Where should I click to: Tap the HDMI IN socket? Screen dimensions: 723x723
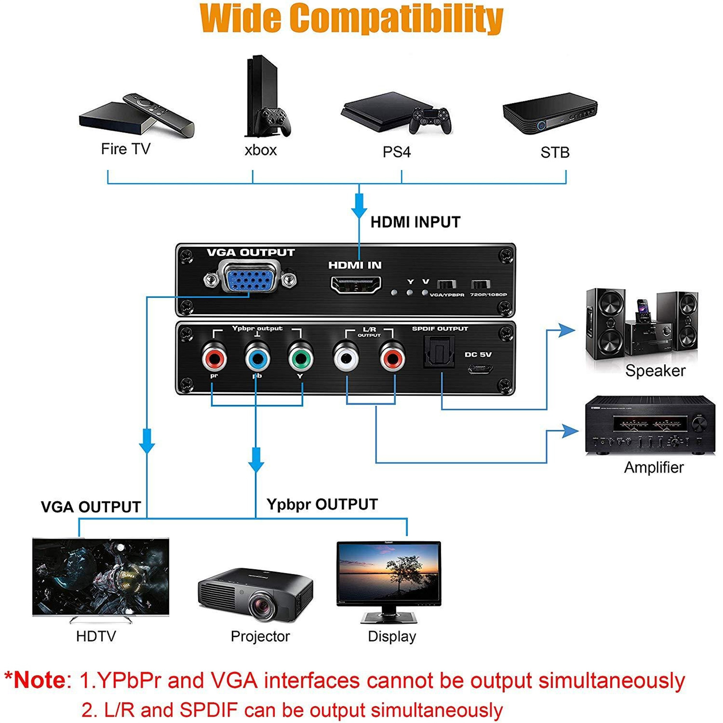[x=356, y=285]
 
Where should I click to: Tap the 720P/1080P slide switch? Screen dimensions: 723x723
[x=481, y=285]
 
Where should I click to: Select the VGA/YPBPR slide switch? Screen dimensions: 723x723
[x=446, y=285]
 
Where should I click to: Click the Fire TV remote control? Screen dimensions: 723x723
[x=159, y=115]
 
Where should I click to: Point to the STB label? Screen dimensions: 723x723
[x=555, y=153]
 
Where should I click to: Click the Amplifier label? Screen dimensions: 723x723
[x=654, y=467]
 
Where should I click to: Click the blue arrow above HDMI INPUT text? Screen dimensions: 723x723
[x=359, y=206]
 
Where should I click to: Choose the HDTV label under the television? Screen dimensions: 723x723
[x=96, y=636]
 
